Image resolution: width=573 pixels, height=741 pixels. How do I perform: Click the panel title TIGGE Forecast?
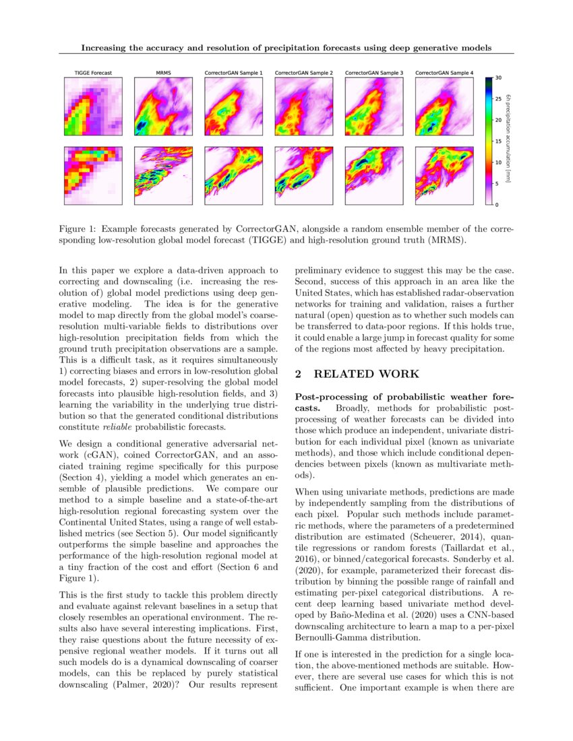click(93, 72)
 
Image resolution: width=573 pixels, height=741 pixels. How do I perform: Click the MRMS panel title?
click(163, 72)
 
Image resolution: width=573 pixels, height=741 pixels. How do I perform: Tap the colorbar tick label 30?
click(498, 78)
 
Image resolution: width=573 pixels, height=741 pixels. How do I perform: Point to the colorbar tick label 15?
click(498, 141)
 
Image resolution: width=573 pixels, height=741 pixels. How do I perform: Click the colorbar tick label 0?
click(497, 204)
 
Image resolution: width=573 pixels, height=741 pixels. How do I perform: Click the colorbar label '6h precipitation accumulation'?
click(512, 141)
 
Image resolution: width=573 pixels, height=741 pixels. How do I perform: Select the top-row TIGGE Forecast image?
click(93, 106)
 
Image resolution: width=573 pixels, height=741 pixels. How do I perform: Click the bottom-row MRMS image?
click(163, 176)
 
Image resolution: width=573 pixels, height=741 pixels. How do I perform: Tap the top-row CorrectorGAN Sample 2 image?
click(304, 106)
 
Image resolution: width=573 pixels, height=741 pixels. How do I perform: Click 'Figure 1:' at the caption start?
click(78, 229)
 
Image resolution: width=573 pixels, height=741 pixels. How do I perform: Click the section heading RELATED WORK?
click(367, 374)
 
